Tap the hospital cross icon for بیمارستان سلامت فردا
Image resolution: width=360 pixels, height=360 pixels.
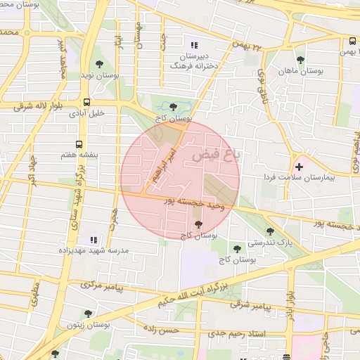[300, 167]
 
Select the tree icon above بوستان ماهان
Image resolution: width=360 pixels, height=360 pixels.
[301, 60]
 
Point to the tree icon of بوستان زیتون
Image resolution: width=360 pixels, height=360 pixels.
[88, 314]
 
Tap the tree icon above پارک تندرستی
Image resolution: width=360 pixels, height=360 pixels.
[270, 231]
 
